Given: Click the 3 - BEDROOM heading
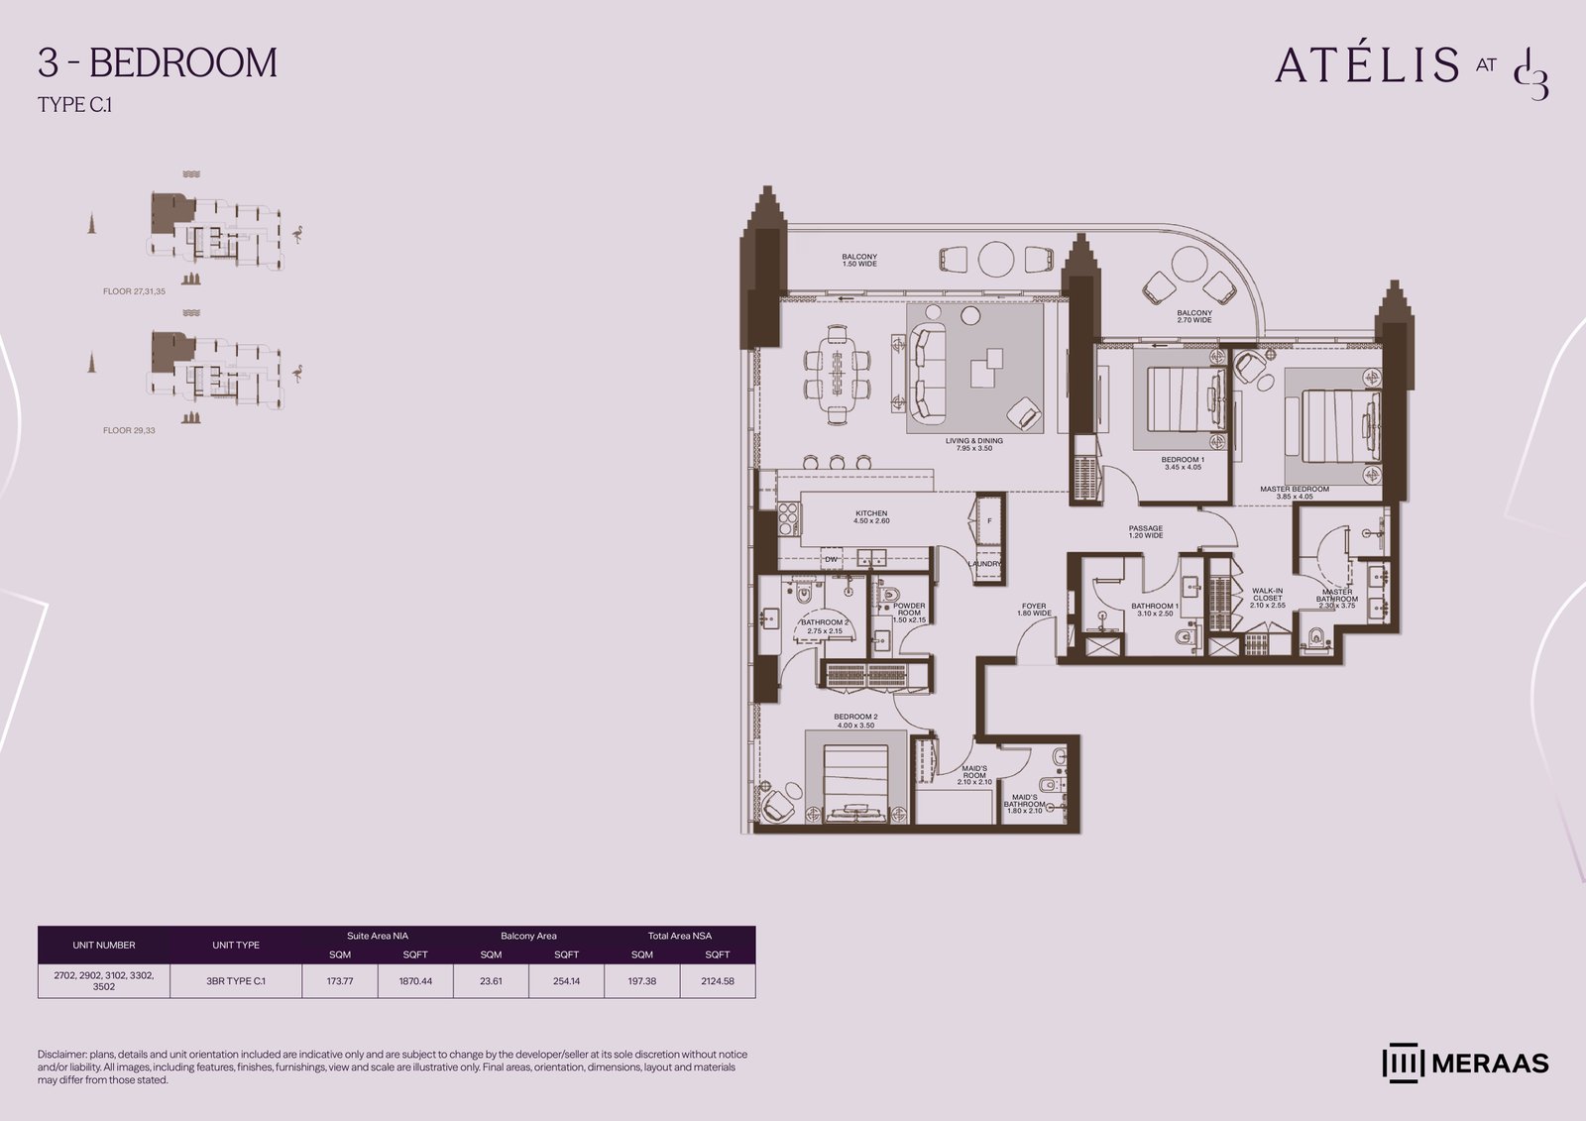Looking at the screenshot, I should pyautogui.click(x=157, y=62).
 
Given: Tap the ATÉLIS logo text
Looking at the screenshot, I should pyautogui.click(x=1366, y=64).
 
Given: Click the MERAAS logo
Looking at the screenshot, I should pyautogui.click(x=1465, y=1063).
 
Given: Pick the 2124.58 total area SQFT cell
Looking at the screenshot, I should pyautogui.click(x=718, y=981).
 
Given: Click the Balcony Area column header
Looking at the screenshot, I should pyautogui.click(x=528, y=936).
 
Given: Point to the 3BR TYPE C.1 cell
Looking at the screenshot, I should pyautogui.click(x=236, y=981).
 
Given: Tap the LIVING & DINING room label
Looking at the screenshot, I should pyautogui.click(x=973, y=444).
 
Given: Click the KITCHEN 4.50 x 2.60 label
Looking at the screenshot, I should pyautogui.click(x=871, y=517).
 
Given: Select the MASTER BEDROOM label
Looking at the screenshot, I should pyautogui.click(x=1294, y=493).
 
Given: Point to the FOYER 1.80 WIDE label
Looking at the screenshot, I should pyautogui.click(x=1034, y=610).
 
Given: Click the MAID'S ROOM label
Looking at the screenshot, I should pyautogui.click(x=974, y=774).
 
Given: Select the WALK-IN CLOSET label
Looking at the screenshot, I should pyautogui.click(x=1267, y=598).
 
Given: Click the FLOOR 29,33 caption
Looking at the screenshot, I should pyautogui.click(x=129, y=431).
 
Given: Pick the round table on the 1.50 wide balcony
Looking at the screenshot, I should pyautogui.click(x=996, y=259).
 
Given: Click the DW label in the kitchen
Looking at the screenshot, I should pyautogui.click(x=831, y=559).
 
